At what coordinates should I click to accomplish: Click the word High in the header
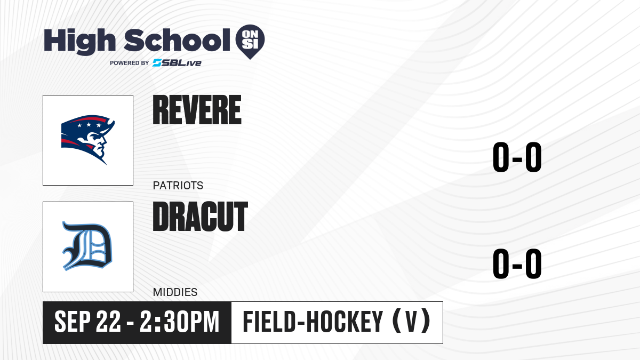[79, 42]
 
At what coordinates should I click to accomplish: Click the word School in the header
[177, 40]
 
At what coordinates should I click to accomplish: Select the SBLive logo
[177, 63]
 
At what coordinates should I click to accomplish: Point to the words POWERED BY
[130, 63]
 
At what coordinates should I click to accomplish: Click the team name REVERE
[197, 110]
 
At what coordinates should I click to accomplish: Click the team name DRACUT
[201, 217]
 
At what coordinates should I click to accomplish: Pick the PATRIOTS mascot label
[178, 186]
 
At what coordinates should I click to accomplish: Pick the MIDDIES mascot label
[175, 292]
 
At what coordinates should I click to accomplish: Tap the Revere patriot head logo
[88, 140]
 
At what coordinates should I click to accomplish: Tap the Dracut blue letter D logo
[87, 246]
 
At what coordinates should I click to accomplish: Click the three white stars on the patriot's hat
[89, 125]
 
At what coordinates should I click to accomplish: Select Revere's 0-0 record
[517, 157]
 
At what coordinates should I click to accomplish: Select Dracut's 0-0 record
[517, 263]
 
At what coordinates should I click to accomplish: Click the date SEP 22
[87, 322]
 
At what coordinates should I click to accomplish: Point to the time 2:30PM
[179, 322]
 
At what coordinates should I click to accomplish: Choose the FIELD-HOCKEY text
[313, 322]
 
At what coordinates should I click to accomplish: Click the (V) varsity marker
[412, 322]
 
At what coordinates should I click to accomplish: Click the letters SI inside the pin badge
[250, 44]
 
